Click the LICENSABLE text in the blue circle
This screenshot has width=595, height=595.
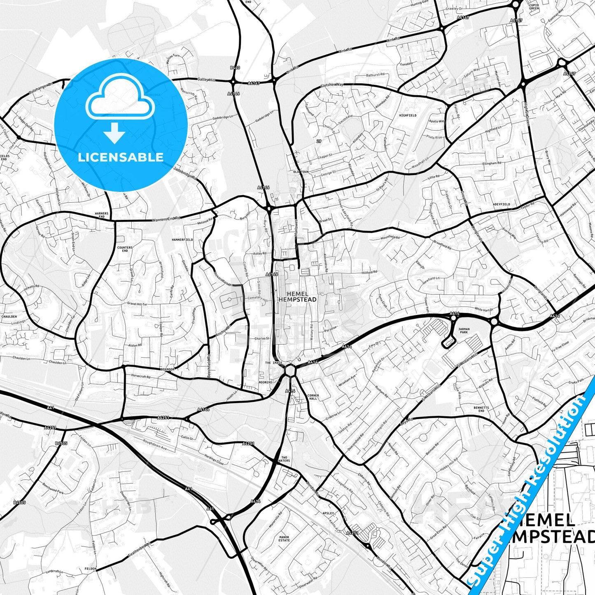click(121, 157)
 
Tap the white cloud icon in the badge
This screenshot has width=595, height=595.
click(120, 101)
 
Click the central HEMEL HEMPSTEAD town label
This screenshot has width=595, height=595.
click(297, 297)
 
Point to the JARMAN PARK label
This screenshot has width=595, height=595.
click(464, 331)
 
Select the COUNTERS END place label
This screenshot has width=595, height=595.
click(125, 249)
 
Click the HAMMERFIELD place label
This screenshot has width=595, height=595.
click(182, 240)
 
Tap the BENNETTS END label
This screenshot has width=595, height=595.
click(481, 409)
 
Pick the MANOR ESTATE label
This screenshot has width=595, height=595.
click(284, 539)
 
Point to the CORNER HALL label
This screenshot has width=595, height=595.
click(313, 397)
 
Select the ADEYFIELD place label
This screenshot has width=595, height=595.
click(501, 204)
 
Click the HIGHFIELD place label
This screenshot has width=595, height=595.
click(408, 116)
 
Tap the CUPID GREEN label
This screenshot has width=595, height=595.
click(534, 7)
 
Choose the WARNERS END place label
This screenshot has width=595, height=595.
click(102, 215)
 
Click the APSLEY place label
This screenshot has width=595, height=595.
click(328, 502)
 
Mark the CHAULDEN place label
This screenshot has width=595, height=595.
click(9, 317)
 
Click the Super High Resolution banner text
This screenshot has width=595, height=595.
click(531, 478)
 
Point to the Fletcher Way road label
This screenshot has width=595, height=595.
click(332, 85)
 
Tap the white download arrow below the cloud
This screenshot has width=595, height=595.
click(114, 133)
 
